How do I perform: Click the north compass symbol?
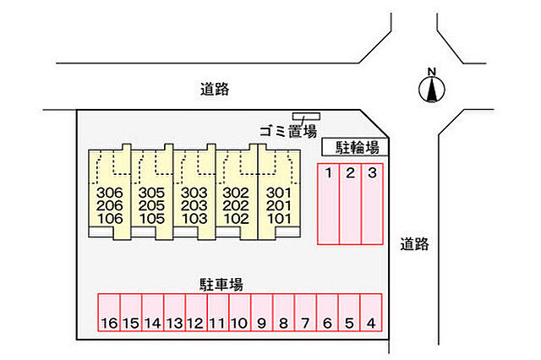tap(432, 90)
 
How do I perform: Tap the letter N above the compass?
tap(432, 71)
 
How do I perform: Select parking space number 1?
tap(329, 205)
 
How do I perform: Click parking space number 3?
tap(372, 205)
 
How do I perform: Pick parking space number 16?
tap(109, 313)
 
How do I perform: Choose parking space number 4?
tap(371, 313)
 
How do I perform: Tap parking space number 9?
tap(262, 313)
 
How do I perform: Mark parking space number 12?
tap(196, 313)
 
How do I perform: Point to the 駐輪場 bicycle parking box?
tap(355, 147)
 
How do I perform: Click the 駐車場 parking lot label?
tap(221, 285)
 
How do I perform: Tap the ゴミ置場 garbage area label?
tap(288, 131)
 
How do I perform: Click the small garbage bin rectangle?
tap(306, 117)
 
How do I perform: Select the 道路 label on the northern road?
tap(215, 89)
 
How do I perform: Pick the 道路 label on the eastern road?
tap(414, 244)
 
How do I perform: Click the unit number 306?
tap(110, 193)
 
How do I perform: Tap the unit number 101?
tap(279, 219)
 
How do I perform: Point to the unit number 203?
tap(194, 205)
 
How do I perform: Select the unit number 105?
tap(152, 219)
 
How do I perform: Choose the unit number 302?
tap(236, 193)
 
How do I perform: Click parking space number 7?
tap(305, 313)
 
